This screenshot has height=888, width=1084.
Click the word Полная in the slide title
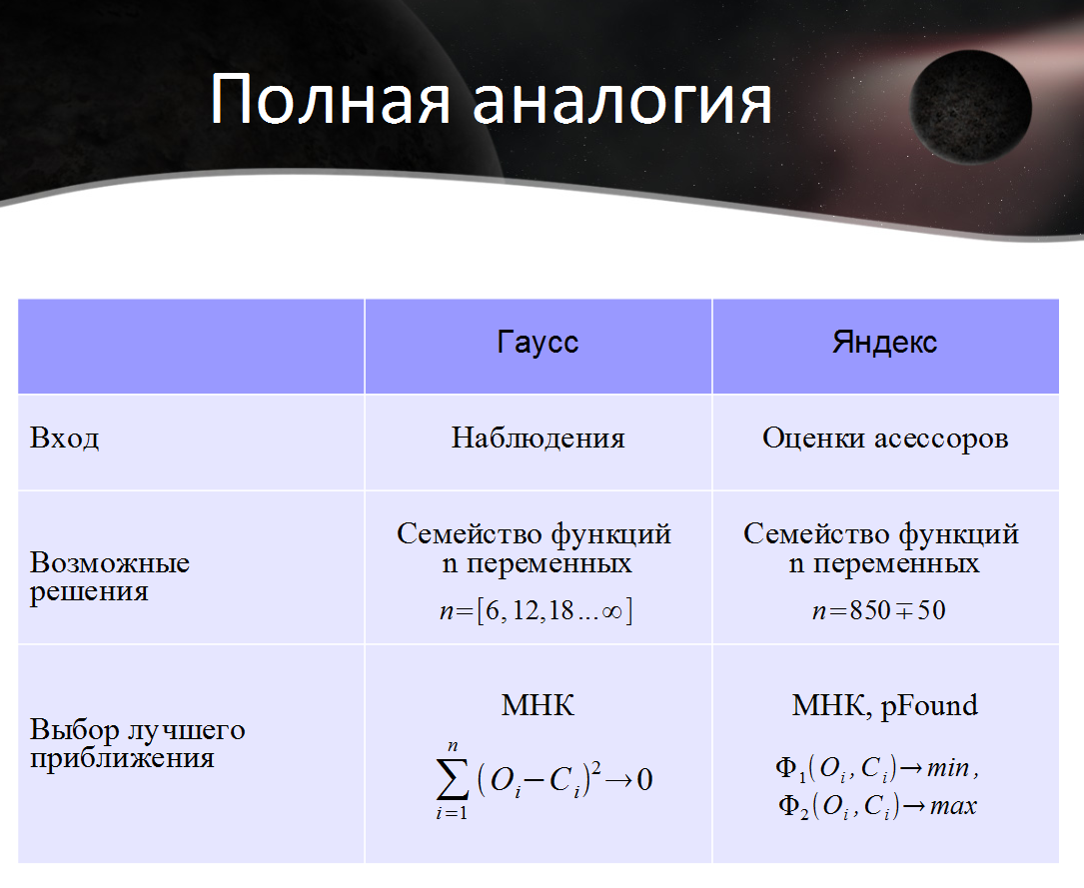331,99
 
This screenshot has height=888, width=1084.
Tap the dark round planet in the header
971,109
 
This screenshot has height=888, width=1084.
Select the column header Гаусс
538,343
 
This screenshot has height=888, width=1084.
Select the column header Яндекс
884,342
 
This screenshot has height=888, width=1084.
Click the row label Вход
64,439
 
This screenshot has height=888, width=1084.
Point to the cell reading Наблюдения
538,439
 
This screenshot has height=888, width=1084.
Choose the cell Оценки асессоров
885,439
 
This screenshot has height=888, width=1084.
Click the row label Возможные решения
109,577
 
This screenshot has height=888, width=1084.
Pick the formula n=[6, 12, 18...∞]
537,611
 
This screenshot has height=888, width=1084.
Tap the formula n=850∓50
878,611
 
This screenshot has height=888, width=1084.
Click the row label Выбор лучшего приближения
137,743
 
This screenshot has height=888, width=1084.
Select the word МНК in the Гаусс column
538,705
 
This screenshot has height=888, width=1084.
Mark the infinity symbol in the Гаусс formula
612,611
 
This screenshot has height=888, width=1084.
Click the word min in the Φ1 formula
948,768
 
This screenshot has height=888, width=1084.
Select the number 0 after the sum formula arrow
644,779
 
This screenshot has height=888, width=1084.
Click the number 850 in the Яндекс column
869,610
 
